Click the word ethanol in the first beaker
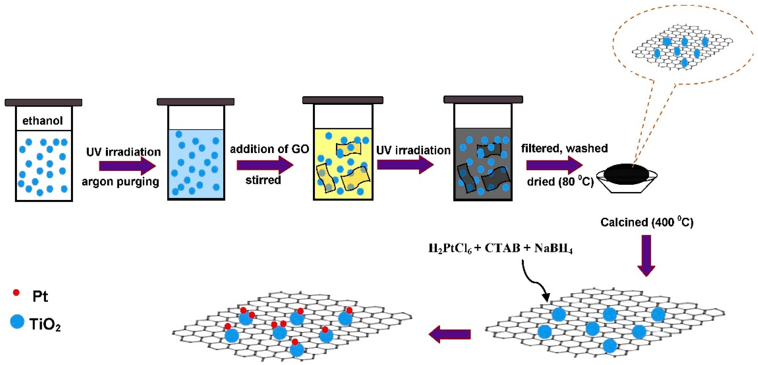pos(43,121)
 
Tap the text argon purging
pos(120,182)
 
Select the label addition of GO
pos(269,149)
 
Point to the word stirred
pos(263,180)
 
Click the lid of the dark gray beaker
pos(483,99)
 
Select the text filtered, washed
pos(564,148)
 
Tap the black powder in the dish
pos(626,174)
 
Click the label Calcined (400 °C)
pos(646,222)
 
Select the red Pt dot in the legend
pos(16,293)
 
